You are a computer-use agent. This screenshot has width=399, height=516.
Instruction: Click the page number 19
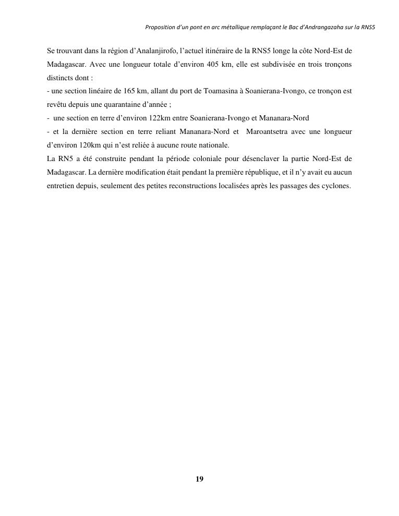click(x=199, y=479)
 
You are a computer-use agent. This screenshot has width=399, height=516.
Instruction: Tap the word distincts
click(x=59, y=78)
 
